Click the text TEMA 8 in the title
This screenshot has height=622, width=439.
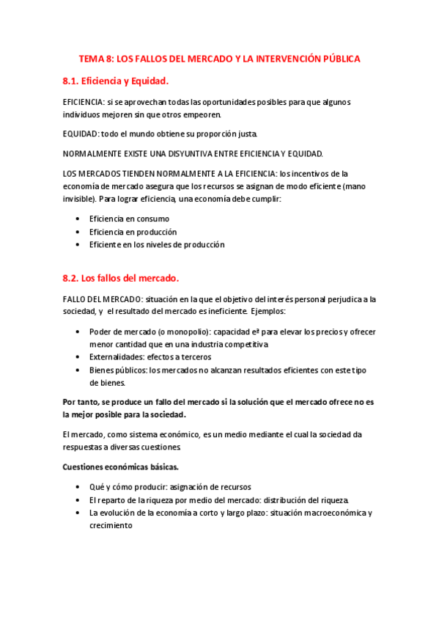95,58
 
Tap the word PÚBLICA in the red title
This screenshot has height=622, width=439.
336,58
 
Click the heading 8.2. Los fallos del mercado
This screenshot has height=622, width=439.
121,278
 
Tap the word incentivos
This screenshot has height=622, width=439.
311,173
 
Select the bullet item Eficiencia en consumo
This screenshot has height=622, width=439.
129,219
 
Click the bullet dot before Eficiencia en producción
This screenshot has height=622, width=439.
78,232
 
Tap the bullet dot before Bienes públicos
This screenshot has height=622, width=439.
78,370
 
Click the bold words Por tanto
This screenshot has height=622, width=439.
83,402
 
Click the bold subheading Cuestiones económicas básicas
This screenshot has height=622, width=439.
120,466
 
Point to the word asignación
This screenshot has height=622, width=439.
188,487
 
